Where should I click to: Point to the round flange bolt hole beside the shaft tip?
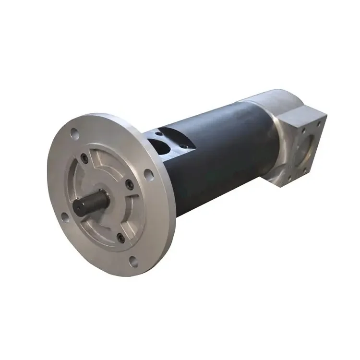click(x=64, y=217)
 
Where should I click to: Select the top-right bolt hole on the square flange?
click(x=317, y=123)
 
